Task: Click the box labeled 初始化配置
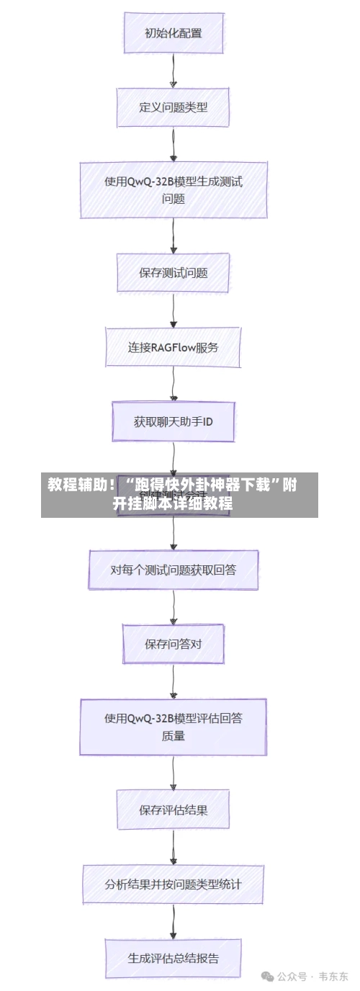pos(173,32)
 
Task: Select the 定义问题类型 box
pos(173,107)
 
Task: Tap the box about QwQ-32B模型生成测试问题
pos(173,189)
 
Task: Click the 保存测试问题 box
pos(173,273)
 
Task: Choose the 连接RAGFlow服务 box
pos(173,347)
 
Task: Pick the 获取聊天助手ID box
pos(173,422)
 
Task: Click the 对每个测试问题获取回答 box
pos(173,570)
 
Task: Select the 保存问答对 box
pos(173,644)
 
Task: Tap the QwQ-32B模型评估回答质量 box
pos(173,727)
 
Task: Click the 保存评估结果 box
pos(173,810)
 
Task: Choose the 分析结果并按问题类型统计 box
pos(173,884)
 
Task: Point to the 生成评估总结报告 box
pos(173,958)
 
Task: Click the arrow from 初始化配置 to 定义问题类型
pos(173,70)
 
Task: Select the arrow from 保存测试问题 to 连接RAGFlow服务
pos(173,310)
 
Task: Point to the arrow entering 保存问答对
pos(173,607)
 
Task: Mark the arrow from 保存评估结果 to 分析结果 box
pos(173,846)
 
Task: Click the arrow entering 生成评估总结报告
pos(173,921)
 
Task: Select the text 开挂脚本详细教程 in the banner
pos(173,503)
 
